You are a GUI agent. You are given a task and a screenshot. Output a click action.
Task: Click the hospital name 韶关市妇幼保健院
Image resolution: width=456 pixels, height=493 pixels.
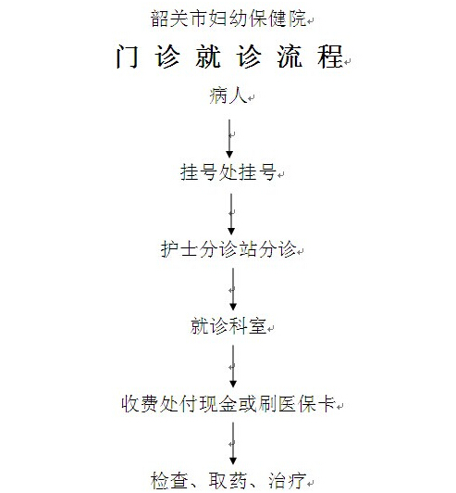pyautogui.click(x=228, y=19)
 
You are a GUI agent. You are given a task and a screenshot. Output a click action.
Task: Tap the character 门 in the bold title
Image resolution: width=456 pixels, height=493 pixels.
pyautogui.click(x=127, y=57)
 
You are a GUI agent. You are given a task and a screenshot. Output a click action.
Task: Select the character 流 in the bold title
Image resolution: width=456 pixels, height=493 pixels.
pyautogui.click(x=290, y=57)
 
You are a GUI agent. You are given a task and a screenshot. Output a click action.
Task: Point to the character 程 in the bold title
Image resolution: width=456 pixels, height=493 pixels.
pyautogui.click(x=330, y=57)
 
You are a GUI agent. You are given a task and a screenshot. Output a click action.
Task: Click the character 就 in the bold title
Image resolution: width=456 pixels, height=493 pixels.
pyautogui.click(x=208, y=57)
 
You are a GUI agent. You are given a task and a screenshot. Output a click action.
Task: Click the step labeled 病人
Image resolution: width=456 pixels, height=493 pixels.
pyautogui.click(x=228, y=95)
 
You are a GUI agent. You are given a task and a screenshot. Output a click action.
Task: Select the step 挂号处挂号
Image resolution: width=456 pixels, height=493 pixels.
pyautogui.click(x=228, y=172)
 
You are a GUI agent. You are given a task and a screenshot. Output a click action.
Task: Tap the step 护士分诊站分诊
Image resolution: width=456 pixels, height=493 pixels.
pyautogui.click(x=228, y=249)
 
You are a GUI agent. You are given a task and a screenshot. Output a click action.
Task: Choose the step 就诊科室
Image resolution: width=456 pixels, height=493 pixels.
pyautogui.click(x=228, y=326)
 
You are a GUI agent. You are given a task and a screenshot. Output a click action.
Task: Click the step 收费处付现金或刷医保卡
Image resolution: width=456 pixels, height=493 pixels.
pyautogui.click(x=228, y=403)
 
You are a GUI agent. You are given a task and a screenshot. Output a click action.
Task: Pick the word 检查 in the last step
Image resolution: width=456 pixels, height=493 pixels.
pyautogui.click(x=169, y=480)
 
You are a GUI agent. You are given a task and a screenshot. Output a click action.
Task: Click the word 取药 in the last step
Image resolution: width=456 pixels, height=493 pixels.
pyautogui.click(x=228, y=480)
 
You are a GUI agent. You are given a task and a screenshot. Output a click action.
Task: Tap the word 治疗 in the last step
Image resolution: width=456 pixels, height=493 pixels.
pyautogui.click(x=287, y=480)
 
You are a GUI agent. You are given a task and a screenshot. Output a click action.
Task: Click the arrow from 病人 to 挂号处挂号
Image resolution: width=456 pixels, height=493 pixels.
pyautogui.click(x=229, y=139)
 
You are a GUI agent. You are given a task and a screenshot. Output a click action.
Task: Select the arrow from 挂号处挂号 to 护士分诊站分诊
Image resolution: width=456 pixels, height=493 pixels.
pyautogui.click(x=231, y=214)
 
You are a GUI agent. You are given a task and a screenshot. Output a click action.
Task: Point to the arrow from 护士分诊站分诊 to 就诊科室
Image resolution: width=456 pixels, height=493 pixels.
pyautogui.click(x=233, y=289)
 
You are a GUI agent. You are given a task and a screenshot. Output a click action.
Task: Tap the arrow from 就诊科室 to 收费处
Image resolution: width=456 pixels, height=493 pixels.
pyautogui.click(x=233, y=366)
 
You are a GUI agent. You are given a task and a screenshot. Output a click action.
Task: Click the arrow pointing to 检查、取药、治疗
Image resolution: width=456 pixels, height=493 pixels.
pyautogui.click(x=233, y=443)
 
